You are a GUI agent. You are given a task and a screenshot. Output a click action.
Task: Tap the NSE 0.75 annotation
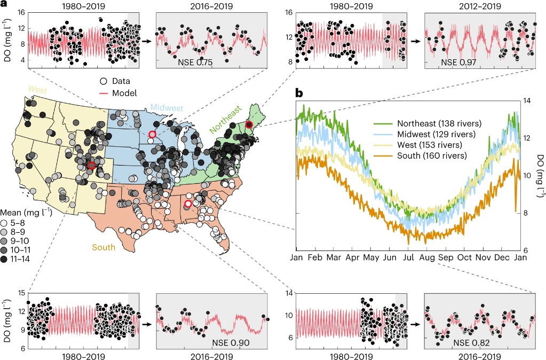[x=195, y=62]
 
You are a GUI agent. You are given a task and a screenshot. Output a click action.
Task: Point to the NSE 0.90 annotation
[x=230, y=342]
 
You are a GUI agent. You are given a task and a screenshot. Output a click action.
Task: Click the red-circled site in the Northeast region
[x=249, y=124]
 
